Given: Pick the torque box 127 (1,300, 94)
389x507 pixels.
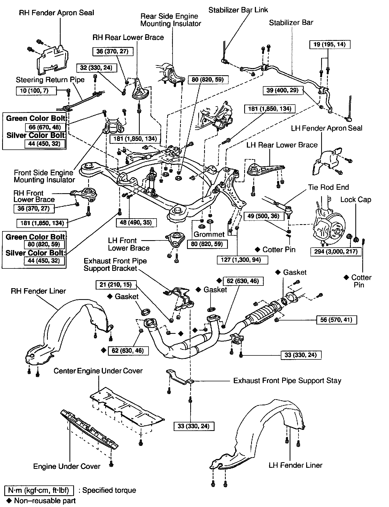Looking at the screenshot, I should tap(243, 259).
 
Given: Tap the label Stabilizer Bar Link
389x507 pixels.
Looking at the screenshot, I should tap(238, 10).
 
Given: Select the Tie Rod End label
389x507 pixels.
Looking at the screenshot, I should tap(328, 187).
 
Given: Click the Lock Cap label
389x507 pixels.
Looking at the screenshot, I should tap(356, 200).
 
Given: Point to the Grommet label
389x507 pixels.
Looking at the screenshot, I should tap(209, 234).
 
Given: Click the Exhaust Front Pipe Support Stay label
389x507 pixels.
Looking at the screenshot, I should tap(287, 381).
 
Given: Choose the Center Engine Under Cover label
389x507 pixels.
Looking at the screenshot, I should tap(98, 371).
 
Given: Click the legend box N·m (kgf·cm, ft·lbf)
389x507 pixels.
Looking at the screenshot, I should tap(39, 490).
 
